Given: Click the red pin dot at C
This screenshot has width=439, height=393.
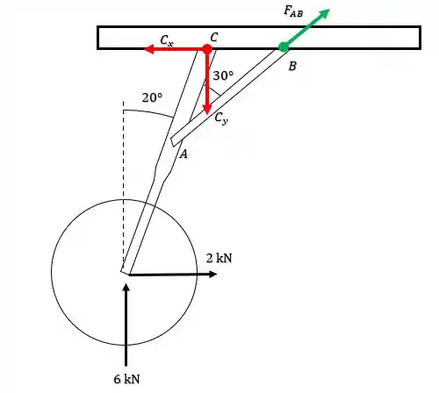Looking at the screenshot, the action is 207,49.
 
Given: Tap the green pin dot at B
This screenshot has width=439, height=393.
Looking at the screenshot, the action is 283,46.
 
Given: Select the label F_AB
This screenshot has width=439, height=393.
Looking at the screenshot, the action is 293,11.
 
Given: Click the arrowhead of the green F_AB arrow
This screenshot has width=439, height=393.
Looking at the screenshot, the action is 324,13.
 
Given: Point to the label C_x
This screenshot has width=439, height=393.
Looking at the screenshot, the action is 167,40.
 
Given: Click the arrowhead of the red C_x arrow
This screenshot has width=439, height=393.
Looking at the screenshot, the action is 149,49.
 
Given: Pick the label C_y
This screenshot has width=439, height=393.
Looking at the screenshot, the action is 221,118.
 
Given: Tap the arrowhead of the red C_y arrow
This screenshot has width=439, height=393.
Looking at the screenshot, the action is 207,109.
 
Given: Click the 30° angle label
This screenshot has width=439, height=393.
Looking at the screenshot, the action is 223,75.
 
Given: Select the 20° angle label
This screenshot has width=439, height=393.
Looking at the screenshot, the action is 152,97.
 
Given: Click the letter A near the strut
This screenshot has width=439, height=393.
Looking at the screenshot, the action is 184,154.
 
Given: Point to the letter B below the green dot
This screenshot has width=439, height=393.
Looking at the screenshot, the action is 292,67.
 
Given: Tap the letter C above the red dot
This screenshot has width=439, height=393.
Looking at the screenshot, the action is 214,38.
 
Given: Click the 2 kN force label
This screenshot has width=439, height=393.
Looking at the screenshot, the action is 219,258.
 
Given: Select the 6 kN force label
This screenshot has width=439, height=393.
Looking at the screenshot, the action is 126,379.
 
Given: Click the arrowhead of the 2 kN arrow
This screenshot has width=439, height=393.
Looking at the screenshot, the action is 212,274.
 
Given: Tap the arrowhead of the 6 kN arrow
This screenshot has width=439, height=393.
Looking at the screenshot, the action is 126,288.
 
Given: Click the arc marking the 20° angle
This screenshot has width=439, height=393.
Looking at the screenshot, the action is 148,112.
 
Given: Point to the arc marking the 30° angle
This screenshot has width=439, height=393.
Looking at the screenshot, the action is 213,90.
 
